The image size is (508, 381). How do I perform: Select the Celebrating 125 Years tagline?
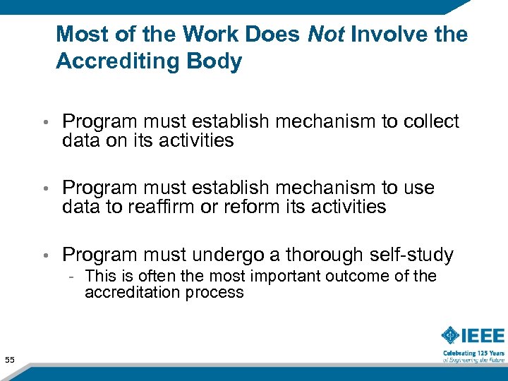click(473, 353)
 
